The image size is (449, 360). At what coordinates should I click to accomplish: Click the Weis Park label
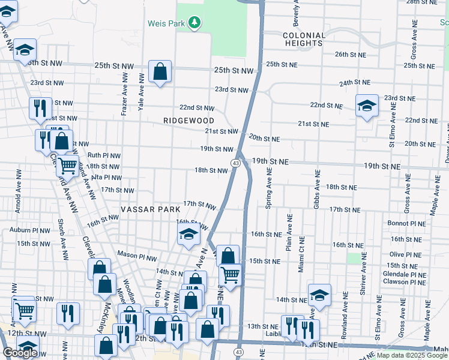[x=167, y=23]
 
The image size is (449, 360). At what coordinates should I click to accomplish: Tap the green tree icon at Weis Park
[x=194, y=23]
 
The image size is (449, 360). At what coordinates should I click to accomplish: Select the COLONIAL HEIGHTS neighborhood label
[x=304, y=39]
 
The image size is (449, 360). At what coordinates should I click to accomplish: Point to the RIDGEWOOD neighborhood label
[x=188, y=121]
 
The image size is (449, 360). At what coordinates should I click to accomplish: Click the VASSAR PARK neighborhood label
[x=150, y=209]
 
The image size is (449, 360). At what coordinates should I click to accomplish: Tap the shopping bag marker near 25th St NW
[x=160, y=73]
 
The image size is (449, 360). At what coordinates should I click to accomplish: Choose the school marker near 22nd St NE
[x=366, y=106]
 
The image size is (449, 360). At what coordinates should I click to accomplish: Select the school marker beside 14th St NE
[x=319, y=295]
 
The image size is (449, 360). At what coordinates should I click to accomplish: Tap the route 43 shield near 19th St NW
[x=236, y=163]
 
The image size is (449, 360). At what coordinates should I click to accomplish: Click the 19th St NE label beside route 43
[x=270, y=162]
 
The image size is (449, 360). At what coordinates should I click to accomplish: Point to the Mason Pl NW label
[x=136, y=254]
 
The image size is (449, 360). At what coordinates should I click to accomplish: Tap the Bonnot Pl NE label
[x=406, y=223]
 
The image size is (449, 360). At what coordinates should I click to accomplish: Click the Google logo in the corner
[x=20, y=353]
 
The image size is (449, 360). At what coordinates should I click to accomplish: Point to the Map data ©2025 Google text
[x=411, y=355]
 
